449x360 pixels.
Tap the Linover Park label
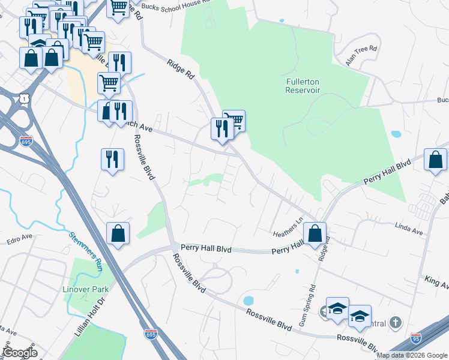(85, 289)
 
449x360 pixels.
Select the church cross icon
(395, 323)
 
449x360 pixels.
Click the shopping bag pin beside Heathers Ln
(315, 233)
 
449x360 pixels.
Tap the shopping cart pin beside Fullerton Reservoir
(234, 120)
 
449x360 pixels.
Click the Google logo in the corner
(20, 353)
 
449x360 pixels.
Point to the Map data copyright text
(412, 355)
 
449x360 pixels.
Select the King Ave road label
(436, 281)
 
